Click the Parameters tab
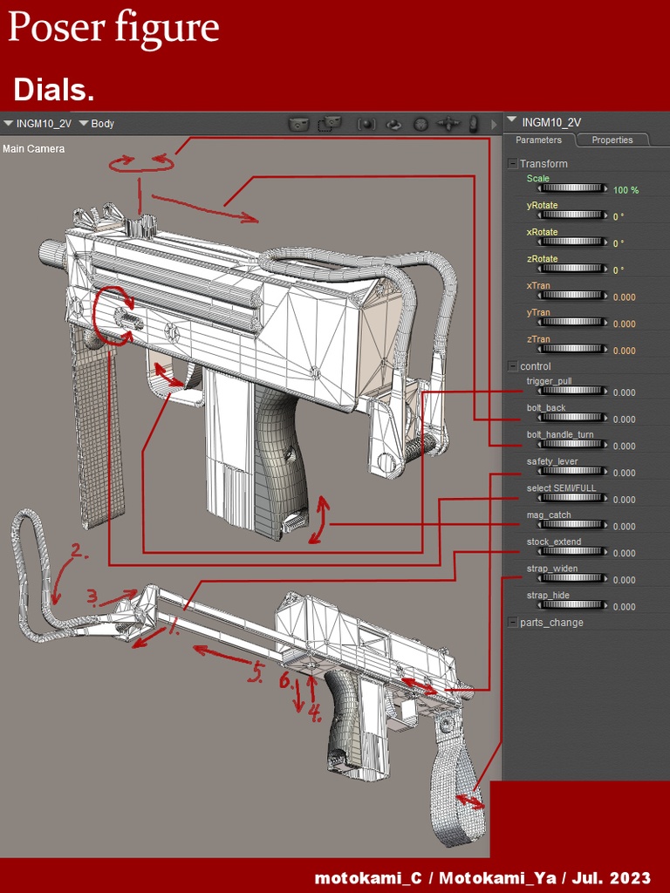(538, 140)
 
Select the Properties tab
(612, 140)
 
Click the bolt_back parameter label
(546, 408)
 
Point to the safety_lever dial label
(551, 461)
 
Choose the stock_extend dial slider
(572, 553)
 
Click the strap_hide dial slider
(572, 606)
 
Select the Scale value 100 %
(626, 190)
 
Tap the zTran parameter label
(538, 339)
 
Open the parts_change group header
(550, 623)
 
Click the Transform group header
(543, 164)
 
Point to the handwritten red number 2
(79, 550)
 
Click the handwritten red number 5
(256, 672)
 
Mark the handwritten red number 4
(314, 713)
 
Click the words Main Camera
(34, 149)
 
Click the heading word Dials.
(54, 90)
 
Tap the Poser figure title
(113, 29)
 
